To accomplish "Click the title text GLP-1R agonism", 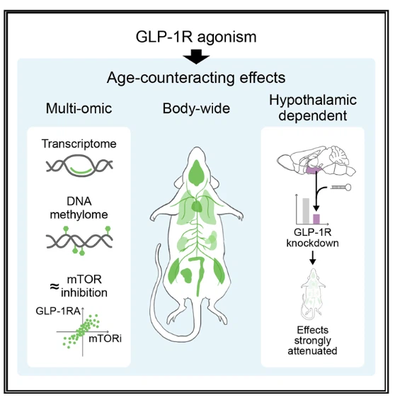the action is [x=196, y=37].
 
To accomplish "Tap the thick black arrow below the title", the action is [x=196, y=57].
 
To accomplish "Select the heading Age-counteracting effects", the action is [x=196, y=78].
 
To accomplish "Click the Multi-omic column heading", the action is [x=79, y=108].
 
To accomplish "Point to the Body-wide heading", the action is [x=196, y=108].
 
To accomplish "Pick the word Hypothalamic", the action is [x=313, y=101].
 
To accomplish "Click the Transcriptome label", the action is [x=79, y=144].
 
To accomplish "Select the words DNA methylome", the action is [x=79, y=208].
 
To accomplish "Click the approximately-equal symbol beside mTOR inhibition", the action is [x=54, y=287].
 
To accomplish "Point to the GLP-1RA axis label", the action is [x=58, y=312].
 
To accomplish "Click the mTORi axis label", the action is [x=105, y=339].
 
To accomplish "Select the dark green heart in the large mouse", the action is [x=197, y=206].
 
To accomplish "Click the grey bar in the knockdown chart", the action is [x=306, y=211].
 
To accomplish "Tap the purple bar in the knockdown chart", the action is [x=316, y=219].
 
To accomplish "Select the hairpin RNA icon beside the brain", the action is [x=340, y=188].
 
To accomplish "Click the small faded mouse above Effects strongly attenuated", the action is [x=313, y=293].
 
